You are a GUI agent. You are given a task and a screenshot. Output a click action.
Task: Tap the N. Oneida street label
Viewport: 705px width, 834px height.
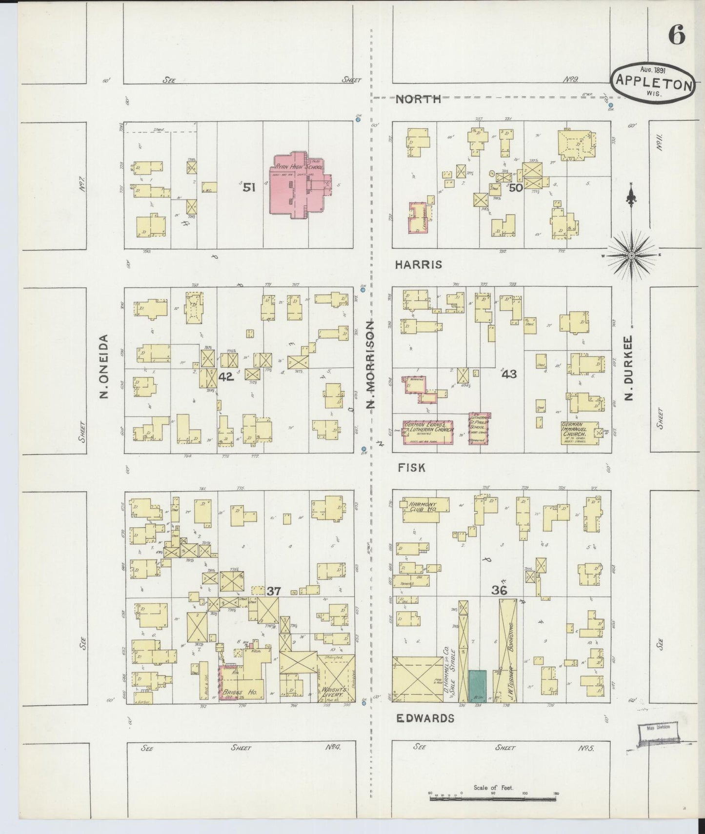[103, 366]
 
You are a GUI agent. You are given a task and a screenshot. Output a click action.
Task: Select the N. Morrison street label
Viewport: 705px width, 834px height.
[372, 365]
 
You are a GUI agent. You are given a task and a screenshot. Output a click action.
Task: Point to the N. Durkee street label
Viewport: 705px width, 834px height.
[629, 367]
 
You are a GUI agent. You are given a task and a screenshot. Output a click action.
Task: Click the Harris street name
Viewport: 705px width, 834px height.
[419, 264]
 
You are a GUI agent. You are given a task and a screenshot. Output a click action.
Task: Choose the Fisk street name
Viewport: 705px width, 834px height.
[411, 467]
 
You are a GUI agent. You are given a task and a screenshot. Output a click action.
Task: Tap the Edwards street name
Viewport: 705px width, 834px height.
[425, 718]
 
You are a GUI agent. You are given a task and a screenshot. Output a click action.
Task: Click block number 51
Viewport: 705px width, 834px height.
[249, 187]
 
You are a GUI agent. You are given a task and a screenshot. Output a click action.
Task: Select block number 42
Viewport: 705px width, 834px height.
[226, 377]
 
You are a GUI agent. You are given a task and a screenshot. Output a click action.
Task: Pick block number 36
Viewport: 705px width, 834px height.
[499, 590]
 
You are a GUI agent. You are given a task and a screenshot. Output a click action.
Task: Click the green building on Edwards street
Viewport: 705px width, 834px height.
[477, 685]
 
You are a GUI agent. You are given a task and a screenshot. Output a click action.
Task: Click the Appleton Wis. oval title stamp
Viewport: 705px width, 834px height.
[653, 83]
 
